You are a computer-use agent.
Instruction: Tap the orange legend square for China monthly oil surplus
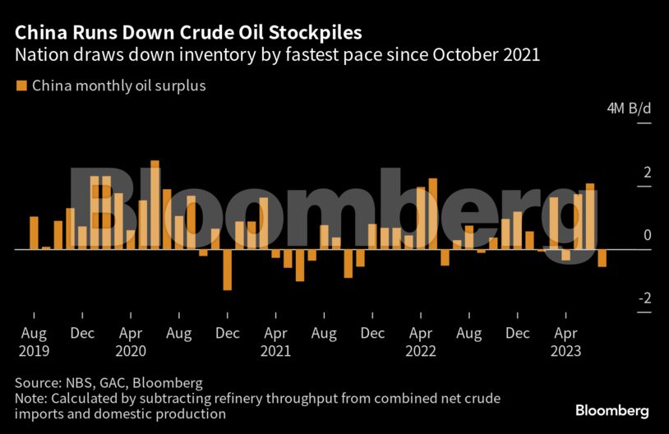(21, 85)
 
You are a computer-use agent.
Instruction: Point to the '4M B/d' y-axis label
(629, 109)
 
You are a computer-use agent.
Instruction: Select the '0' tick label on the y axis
(647, 235)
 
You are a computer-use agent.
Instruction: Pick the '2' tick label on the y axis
(647, 173)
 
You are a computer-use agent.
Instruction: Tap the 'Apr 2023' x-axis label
(565, 342)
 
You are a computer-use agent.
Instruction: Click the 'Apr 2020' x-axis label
(131, 342)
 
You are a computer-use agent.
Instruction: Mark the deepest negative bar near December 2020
(227, 269)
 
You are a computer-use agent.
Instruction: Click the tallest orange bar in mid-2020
(155, 204)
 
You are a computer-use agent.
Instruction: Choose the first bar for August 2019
(34, 233)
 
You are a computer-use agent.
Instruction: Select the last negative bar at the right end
(602, 257)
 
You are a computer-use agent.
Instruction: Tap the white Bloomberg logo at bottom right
(612, 410)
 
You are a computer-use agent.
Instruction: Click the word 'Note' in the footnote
(31, 399)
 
